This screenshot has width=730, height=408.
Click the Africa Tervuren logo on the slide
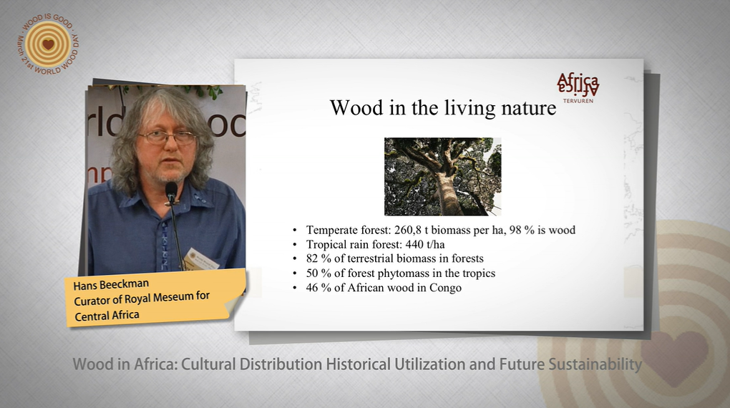pos(578,87)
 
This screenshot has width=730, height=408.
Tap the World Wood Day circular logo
pos(49,44)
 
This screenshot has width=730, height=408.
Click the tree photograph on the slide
pos(442,177)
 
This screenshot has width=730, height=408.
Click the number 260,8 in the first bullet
pos(407,230)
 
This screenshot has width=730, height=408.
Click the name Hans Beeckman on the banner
pos(111,284)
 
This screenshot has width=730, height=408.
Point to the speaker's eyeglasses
pos(167,137)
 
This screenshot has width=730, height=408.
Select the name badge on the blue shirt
pos(201,259)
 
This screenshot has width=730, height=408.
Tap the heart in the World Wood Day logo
pos(49,44)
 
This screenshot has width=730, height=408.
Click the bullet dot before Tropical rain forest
pos(294,245)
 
